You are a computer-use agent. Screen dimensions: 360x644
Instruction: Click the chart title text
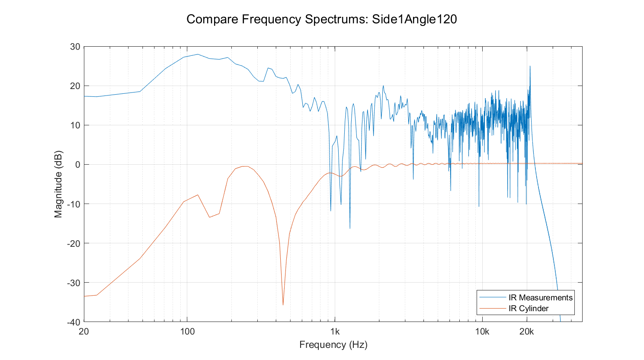321,19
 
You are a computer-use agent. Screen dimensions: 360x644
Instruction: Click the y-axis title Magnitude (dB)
58,184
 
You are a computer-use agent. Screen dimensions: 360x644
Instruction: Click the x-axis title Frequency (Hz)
333,345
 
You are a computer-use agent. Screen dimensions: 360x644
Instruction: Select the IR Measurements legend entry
540,297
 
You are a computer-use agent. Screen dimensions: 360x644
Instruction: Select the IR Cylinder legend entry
528,309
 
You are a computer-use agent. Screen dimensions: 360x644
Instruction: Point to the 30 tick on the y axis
75,47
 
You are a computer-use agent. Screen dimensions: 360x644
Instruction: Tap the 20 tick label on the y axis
75,86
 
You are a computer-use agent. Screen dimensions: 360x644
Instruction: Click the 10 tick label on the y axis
75,125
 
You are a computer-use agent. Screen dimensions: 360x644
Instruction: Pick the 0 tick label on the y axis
77,165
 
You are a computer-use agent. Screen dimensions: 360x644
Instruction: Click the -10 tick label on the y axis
74,204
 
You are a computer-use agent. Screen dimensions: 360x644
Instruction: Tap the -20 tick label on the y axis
74,243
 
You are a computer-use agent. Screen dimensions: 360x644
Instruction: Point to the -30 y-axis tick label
74,283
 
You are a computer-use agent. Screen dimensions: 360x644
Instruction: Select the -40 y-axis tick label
74,322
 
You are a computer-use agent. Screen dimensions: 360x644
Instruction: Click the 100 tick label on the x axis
187,332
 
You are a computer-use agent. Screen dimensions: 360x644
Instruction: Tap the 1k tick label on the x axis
335,332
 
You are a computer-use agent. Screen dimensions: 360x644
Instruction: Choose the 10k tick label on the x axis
482,332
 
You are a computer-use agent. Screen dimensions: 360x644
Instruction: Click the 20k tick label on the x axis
526,332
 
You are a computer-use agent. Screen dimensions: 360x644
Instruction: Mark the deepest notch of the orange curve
283,305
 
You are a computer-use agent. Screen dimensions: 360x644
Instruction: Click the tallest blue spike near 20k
530,67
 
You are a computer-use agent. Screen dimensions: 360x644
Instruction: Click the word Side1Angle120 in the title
414,19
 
